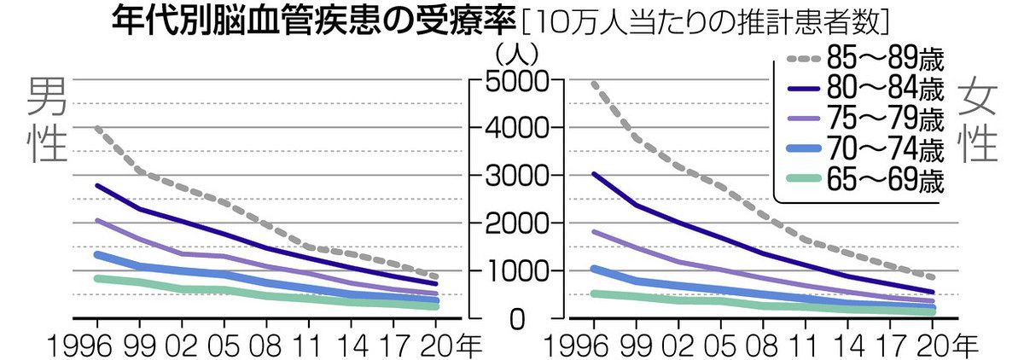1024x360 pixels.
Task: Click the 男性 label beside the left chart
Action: tap(48, 120)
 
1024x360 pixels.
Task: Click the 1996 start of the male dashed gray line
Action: tap(97, 129)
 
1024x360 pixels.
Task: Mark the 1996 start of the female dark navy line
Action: tap(593, 174)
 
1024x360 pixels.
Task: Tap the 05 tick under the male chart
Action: tap(223, 345)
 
